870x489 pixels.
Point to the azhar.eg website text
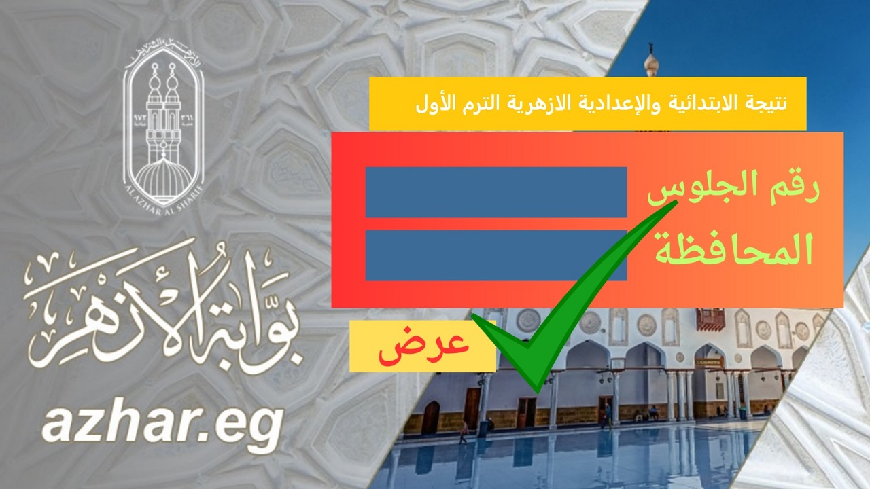(162, 425)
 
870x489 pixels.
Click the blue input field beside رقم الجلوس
(495, 192)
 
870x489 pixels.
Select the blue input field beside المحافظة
(495, 255)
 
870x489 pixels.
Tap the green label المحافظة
(733, 251)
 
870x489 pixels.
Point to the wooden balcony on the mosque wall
(710, 318)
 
